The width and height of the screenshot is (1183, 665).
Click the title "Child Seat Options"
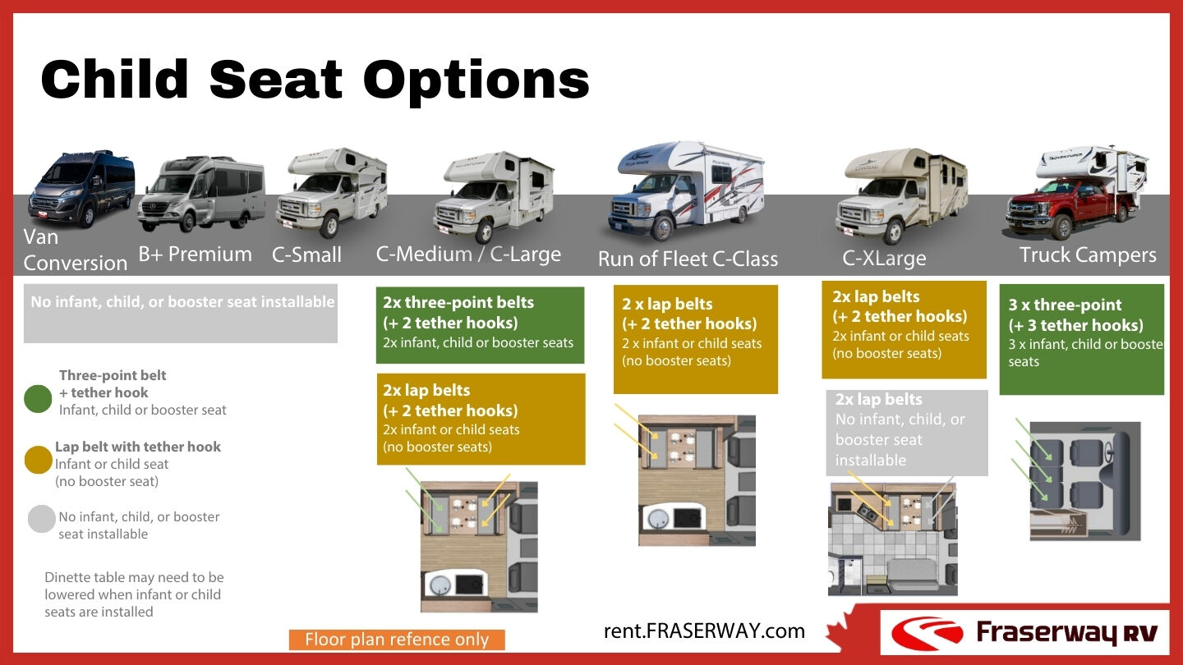tap(315, 80)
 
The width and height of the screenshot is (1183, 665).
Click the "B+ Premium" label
tap(195, 255)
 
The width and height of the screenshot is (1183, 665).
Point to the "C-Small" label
tap(306, 255)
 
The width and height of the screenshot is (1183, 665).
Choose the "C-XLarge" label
tap(884, 259)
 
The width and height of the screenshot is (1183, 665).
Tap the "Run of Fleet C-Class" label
tap(688, 259)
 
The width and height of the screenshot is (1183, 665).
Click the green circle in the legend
tap(39, 400)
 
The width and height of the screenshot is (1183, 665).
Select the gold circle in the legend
tap(39, 461)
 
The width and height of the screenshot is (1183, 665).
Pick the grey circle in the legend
tap(41, 520)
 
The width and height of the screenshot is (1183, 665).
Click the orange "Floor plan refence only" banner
tap(397, 640)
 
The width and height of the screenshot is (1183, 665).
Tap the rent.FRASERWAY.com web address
tap(704, 631)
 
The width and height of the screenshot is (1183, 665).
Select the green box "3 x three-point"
tap(1081, 339)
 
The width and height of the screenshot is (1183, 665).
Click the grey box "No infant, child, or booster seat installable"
tap(181, 313)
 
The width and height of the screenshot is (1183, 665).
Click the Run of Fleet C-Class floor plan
tap(697, 480)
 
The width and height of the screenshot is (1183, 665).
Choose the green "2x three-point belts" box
tap(480, 324)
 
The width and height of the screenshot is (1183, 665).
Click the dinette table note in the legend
tap(134, 594)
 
